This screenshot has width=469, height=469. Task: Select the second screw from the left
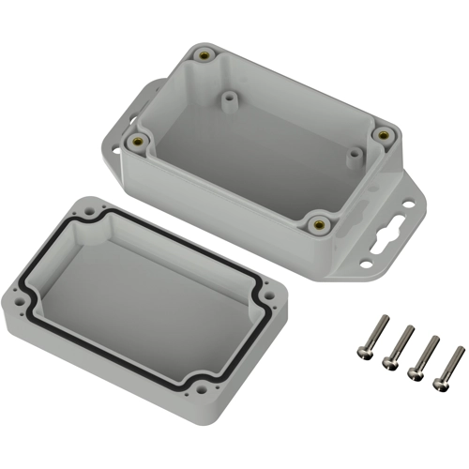[x=407, y=331]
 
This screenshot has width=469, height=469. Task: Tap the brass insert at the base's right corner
[x=382, y=136]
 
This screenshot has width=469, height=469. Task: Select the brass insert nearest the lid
[x=320, y=223]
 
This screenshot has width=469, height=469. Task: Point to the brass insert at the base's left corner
[x=140, y=142]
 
